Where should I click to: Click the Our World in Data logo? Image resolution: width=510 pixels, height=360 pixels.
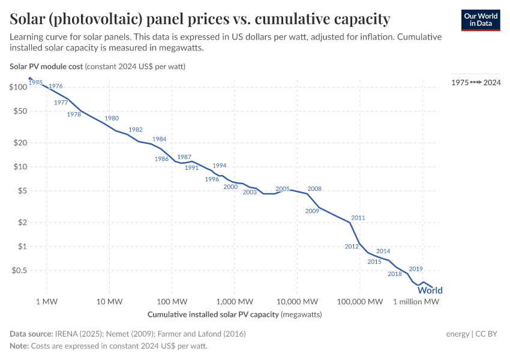coord(481,20)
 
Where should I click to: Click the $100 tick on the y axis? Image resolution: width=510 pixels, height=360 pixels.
coord(19,88)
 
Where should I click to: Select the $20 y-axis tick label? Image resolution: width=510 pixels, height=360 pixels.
coord(20,143)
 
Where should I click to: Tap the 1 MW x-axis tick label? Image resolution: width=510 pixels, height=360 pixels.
coord(46,301)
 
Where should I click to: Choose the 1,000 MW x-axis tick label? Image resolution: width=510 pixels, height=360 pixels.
coord(235,301)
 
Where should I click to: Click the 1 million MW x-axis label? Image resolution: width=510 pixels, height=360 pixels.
coord(416,301)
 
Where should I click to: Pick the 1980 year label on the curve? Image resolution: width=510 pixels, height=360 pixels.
coord(112,118)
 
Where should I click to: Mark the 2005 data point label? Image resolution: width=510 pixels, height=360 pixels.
coord(283,188)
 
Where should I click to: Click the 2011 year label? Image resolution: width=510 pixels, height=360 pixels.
coord(358,218)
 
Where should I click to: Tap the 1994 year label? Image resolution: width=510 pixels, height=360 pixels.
coord(220,166)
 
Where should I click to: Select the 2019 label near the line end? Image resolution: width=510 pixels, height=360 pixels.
coord(416,269)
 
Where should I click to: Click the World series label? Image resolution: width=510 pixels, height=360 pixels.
coord(430,290)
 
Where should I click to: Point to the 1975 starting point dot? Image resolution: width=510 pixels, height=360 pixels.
coord(30,79)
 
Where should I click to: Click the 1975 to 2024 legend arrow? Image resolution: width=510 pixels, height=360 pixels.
coord(476,82)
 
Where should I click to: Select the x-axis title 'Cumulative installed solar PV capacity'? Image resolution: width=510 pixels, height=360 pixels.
coord(213,314)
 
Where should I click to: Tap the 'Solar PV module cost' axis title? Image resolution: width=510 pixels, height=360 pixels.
coord(46,66)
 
